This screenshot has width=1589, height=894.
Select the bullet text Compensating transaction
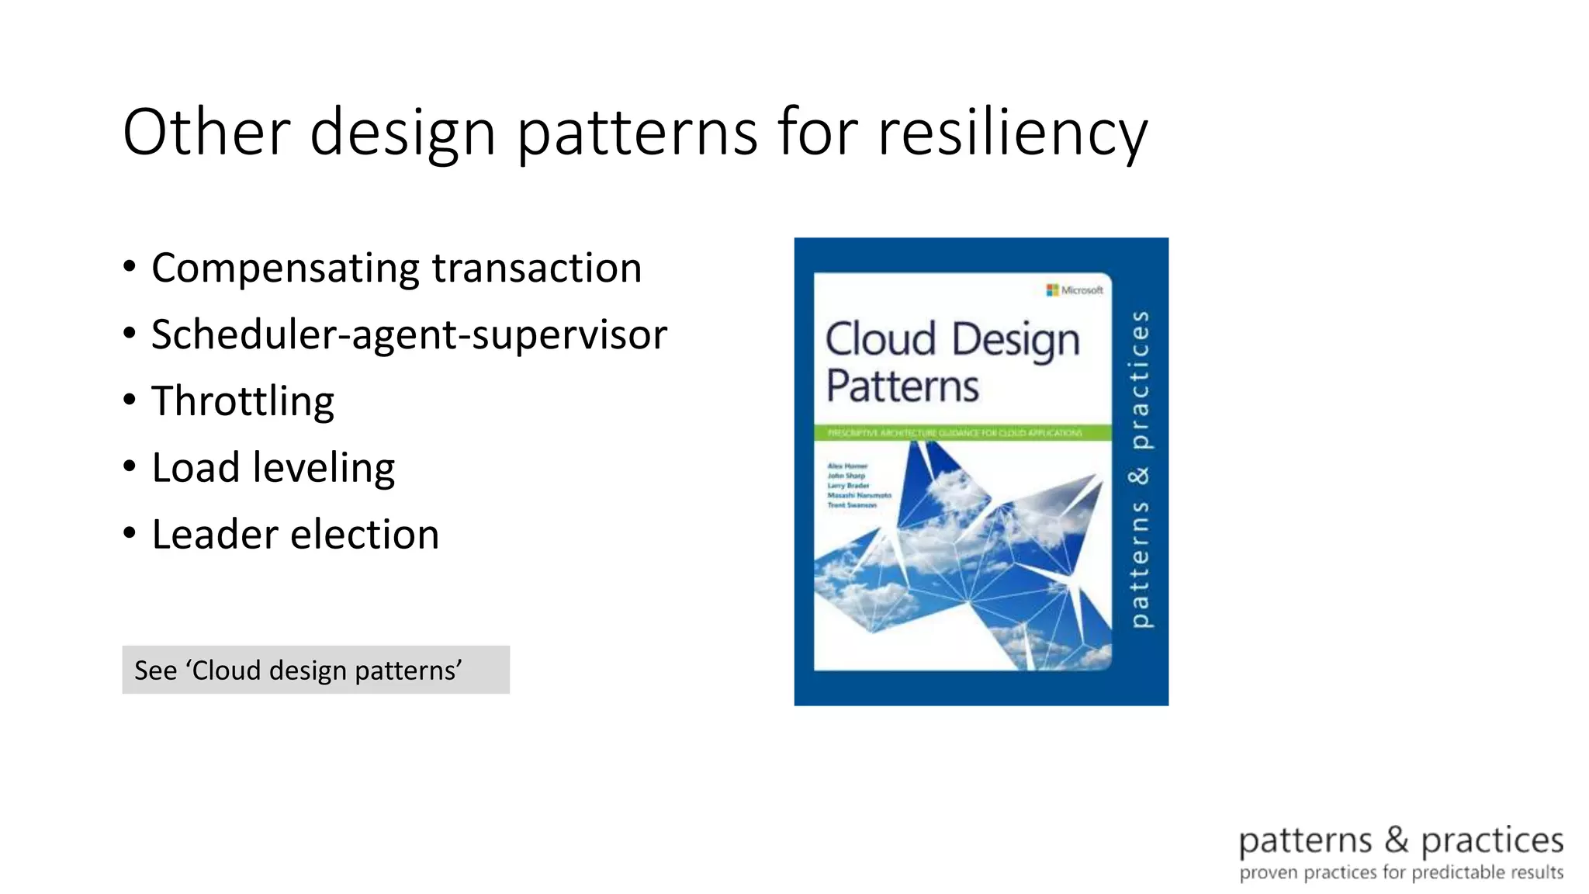[x=396, y=269]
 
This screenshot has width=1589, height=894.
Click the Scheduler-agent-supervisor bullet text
[x=409, y=335]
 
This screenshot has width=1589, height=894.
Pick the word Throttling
[x=242, y=402]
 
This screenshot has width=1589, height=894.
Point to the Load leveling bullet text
[x=273, y=468]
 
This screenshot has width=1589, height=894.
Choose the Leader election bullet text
[x=295, y=535]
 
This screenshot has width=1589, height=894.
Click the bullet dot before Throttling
[x=130, y=400]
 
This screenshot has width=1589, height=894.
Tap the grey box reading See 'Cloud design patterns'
[x=315, y=670]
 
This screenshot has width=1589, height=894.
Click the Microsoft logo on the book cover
[x=1075, y=290]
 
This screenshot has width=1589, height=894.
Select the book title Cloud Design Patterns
[x=951, y=362]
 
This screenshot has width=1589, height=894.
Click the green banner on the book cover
[x=962, y=433]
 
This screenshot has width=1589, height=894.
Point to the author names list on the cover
[x=858, y=486]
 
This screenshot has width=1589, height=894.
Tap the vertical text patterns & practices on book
[x=1139, y=469]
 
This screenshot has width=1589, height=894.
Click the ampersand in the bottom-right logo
[x=1396, y=840]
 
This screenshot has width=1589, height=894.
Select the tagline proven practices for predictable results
[x=1400, y=873]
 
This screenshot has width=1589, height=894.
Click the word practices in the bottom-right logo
[x=1491, y=841]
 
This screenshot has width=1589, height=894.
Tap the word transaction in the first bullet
[x=537, y=269]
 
